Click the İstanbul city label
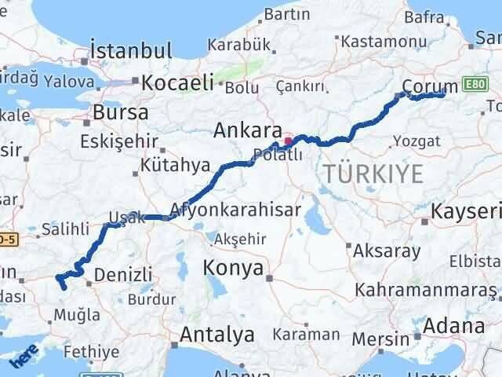[131, 51]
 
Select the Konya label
[233, 269]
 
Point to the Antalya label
[217, 335]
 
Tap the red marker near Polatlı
[288, 142]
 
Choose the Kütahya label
[176, 166]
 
